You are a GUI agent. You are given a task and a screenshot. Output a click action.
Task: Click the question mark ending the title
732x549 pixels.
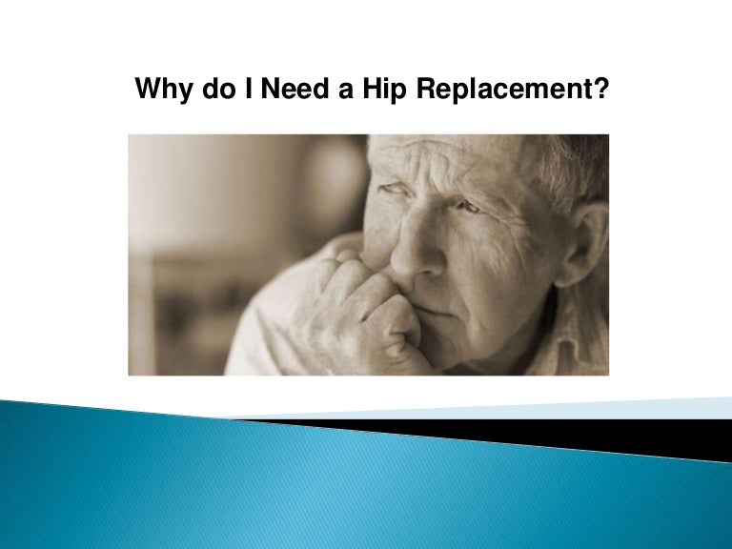tap(600, 91)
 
